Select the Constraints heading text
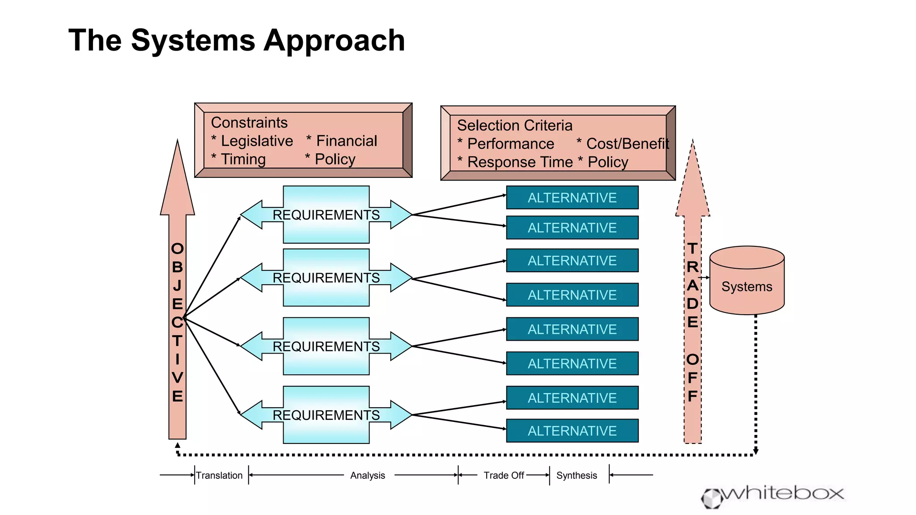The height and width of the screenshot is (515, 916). (249, 122)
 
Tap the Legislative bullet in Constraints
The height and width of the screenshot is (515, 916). (256, 141)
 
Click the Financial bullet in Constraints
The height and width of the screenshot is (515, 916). (346, 141)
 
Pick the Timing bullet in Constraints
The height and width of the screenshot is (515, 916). (243, 160)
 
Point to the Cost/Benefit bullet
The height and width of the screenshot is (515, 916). (627, 144)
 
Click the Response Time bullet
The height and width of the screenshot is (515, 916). (519, 162)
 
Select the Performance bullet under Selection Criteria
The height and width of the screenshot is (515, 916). (510, 144)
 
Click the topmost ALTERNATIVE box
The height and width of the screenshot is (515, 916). (572, 198)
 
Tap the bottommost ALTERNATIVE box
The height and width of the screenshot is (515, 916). (572, 431)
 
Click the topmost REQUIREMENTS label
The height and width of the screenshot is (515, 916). (326, 215)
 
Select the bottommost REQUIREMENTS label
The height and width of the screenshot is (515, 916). (326, 415)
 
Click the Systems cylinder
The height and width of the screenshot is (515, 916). (746, 286)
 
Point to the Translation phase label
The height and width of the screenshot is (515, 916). (219, 476)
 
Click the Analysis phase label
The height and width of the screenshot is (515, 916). (367, 476)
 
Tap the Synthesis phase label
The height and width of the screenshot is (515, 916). (577, 476)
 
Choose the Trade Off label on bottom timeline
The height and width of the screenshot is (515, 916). (504, 476)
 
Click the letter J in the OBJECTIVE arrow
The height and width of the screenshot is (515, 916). (178, 285)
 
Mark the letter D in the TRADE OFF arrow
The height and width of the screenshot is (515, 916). (692, 304)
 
